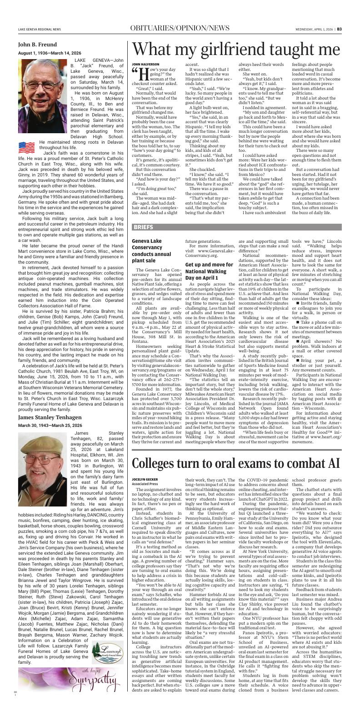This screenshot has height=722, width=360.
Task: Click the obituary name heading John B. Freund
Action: click(x=37, y=45)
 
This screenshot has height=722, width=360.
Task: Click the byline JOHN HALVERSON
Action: click(x=145, y=64)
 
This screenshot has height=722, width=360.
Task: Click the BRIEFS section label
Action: click(x=143, y=227)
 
